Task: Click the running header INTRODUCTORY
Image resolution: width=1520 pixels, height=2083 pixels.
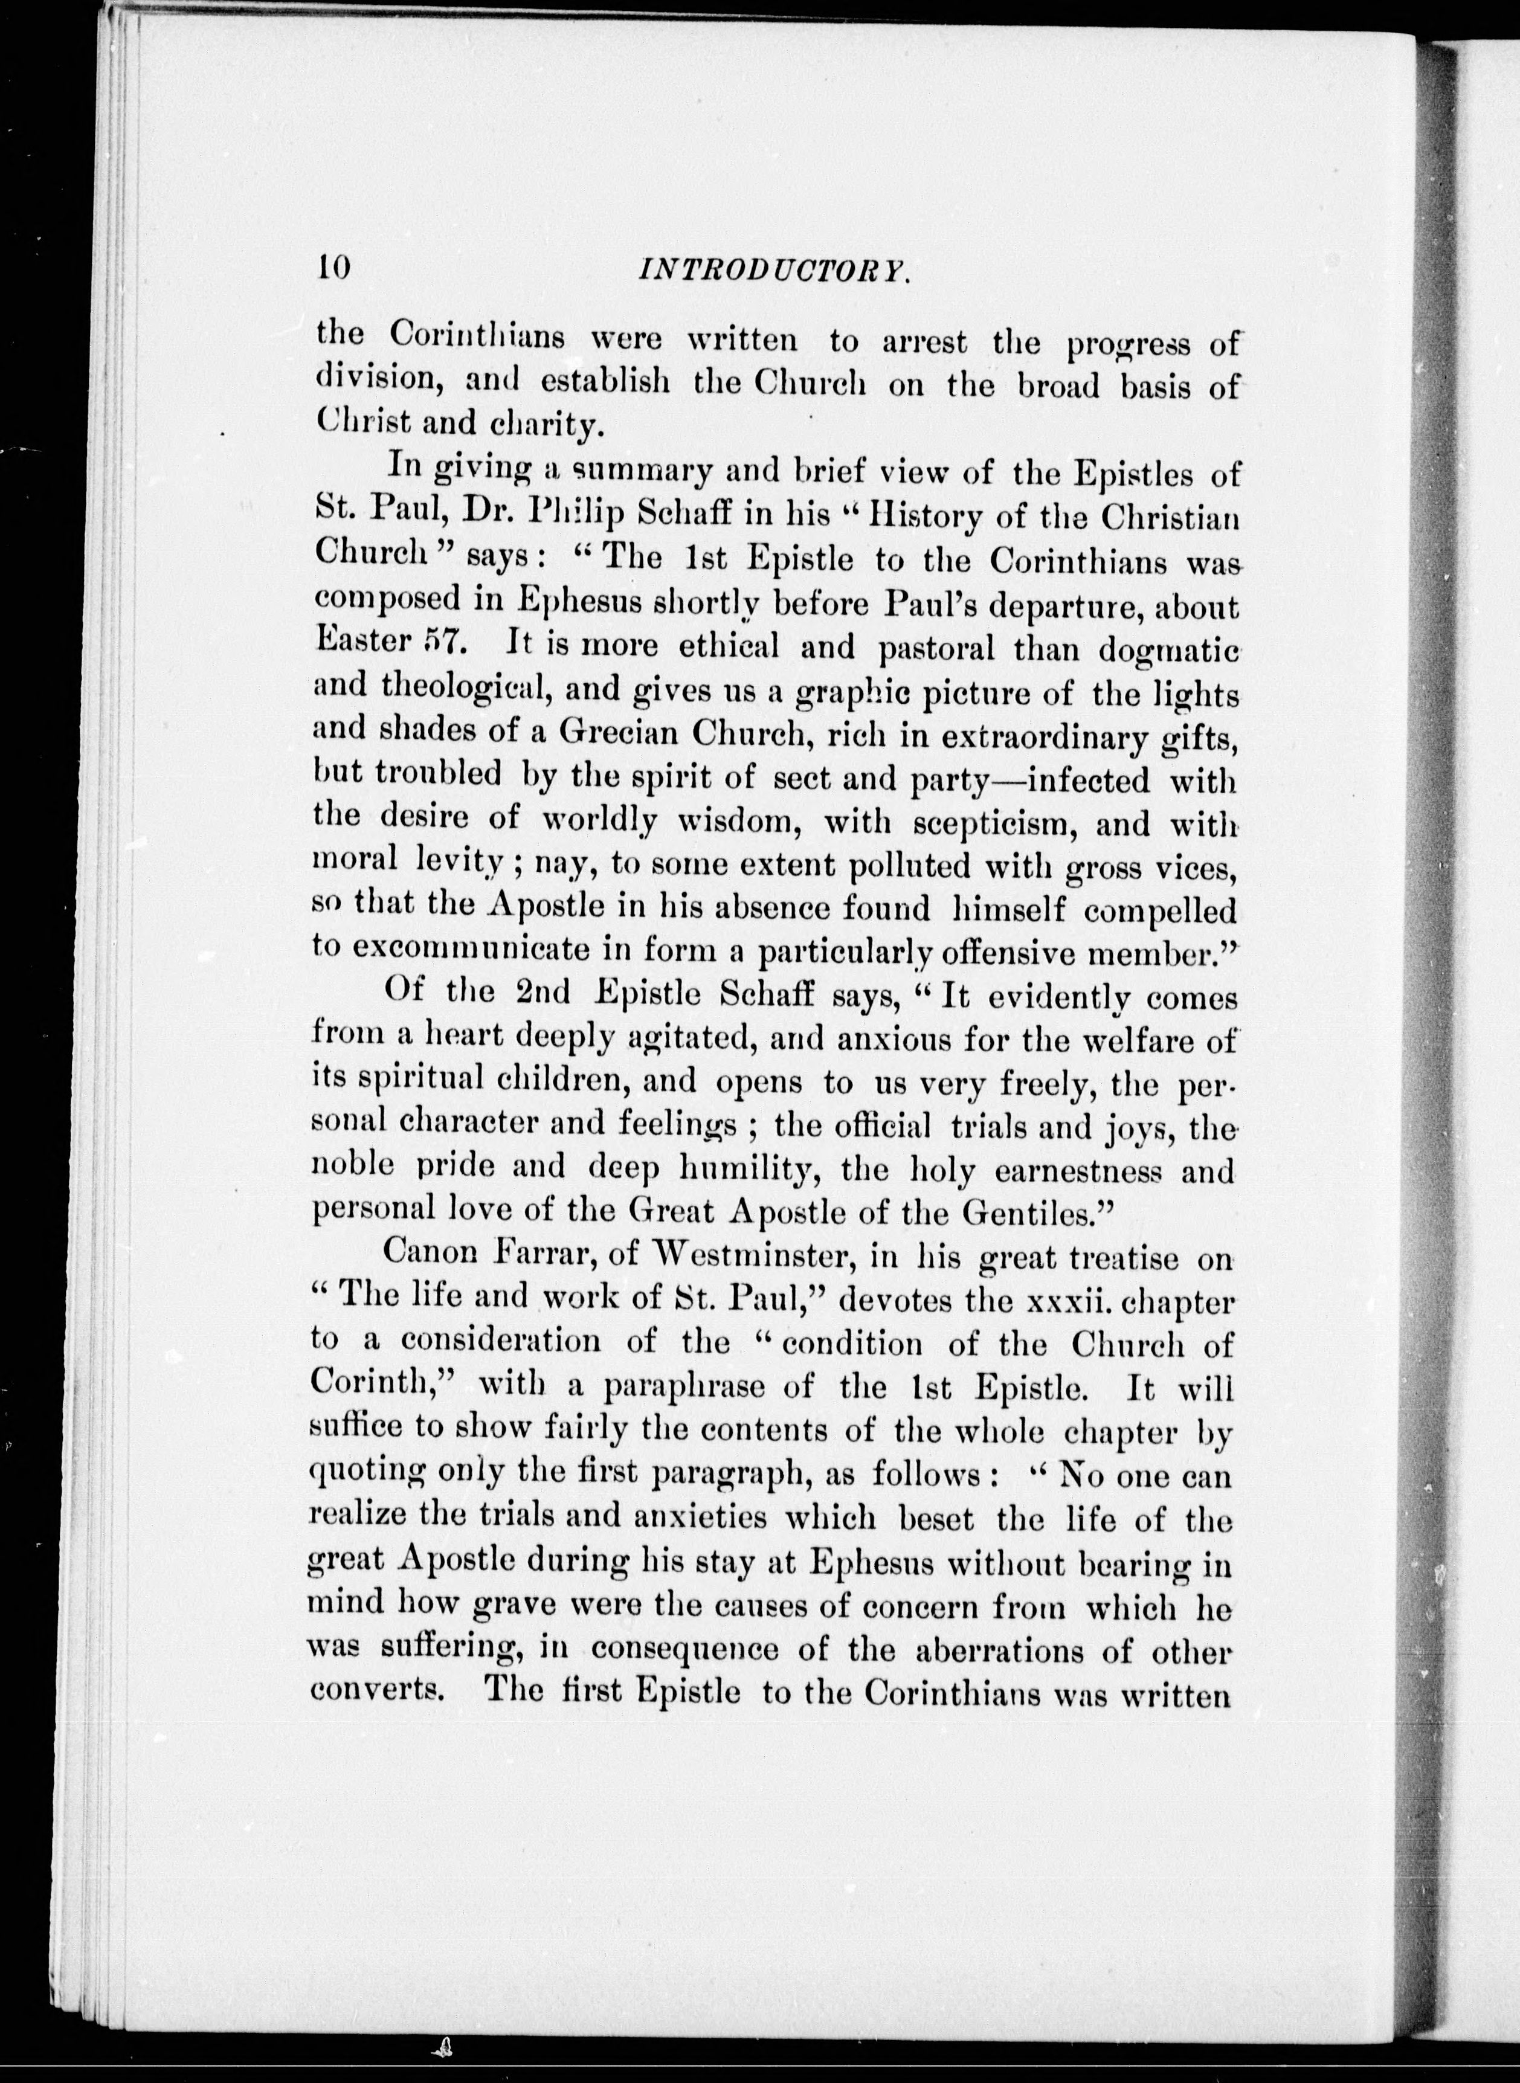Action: [x=773, y=269]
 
